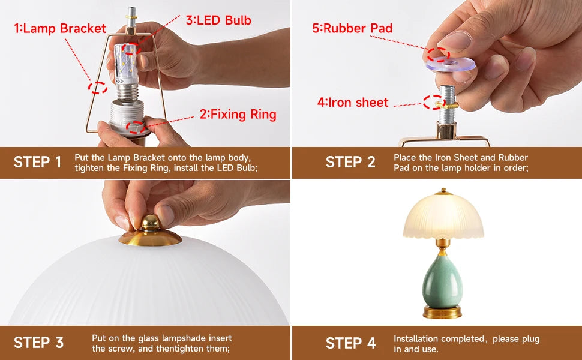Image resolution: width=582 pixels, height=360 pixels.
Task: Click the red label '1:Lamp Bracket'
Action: (60, 29)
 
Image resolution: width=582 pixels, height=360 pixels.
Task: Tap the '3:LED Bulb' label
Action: (218, 20)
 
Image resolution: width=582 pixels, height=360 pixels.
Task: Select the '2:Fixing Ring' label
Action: (238, 115)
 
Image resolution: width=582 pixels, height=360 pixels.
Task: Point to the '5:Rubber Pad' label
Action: (352, 28)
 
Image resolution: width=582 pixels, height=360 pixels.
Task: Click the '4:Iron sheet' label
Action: (353, 102)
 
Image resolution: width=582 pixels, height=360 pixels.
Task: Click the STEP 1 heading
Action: (37, 162)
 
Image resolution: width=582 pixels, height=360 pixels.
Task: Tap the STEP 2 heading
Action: (350, 162)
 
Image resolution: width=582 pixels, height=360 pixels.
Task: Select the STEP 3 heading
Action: (38, 343)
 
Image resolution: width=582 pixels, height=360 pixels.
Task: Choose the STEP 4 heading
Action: (351, 343)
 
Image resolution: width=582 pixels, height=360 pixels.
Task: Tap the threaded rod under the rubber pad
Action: (446, 104)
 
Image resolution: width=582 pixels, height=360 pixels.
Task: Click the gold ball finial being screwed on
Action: (151, 223)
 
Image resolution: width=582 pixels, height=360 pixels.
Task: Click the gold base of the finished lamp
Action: (442, 312)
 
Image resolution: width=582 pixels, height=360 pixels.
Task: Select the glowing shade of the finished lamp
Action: (443, 215)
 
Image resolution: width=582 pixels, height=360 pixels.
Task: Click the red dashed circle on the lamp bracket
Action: (98, 88)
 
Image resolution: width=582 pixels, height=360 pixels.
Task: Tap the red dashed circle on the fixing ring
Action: (136, 127)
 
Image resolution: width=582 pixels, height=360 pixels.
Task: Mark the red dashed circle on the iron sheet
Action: (434, 102)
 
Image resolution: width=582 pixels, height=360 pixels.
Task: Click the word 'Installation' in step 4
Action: (416, 338)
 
